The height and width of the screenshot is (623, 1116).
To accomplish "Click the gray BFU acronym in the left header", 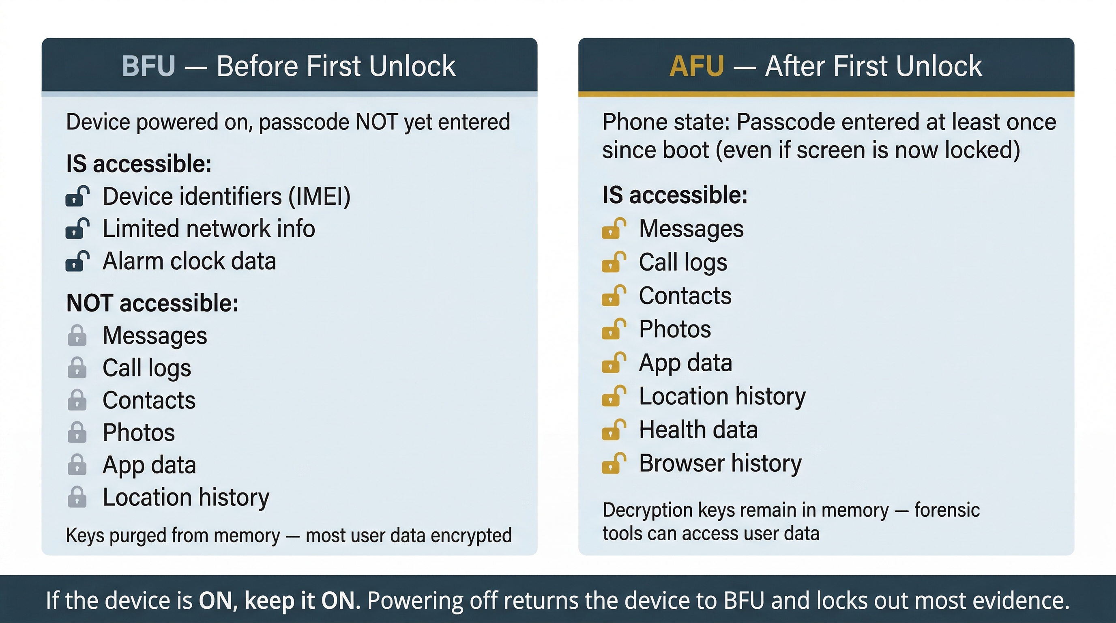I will [x=148, y=66].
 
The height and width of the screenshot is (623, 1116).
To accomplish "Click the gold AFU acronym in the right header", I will [x=696, y=66].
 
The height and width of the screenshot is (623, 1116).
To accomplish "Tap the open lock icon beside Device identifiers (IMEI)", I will [x=77, y=196].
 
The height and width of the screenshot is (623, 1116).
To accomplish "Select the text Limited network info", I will [x=208, y=229].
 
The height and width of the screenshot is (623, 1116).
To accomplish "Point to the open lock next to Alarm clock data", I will [x=77, y=261].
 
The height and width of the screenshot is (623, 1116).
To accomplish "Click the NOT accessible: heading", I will [x=152, y=303].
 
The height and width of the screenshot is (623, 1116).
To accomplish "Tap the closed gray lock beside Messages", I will [x=77, y=335].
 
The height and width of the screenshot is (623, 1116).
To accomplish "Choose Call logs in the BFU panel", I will [x=146, y=368].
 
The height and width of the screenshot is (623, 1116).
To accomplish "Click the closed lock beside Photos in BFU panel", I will [x=77, y=432].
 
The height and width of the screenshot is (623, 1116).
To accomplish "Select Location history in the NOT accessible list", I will [x=185, y=497].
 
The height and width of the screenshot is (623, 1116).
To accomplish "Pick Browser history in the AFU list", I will [x=720, y=463].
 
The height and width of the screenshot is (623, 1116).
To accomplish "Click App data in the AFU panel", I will [x=685, y=363].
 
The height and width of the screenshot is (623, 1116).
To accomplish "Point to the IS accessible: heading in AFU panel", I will [x=674, y=195].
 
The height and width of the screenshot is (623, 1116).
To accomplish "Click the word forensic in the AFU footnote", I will [x=946, y=510].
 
